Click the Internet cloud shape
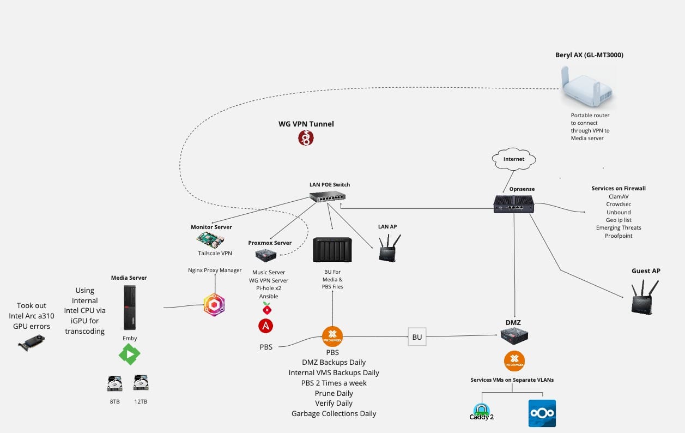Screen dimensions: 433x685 pyautogui.click(x=514, y=159)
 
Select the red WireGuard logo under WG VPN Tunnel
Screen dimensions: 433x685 pyautogui.click(x=306, y=138)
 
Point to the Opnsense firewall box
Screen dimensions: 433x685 pyautogui.click(x=513, y=203)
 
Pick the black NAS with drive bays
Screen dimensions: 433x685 pyautogui.click(x=332, y=250)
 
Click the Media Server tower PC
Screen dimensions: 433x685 pyautogui.click(x=129, y=307)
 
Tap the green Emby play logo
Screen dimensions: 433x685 pyautogui.click(x=130, y=354)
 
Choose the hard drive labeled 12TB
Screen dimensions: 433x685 pyautogui.click(x=141, y=383)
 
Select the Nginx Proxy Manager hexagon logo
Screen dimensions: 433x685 pyautogui.click(x=214, y=305)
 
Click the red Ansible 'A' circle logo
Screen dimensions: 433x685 pyautogui.click(x=266, y=326)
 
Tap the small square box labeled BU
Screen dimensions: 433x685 pyautogui.click(x=417, y=337)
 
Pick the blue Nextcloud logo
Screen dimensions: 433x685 pyautogui.click(x=542, y=413)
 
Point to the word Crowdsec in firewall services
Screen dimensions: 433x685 pyautogui.click(x=619, y=205)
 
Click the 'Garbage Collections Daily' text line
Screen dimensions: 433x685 pyautogui.click(x=334, y=413)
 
